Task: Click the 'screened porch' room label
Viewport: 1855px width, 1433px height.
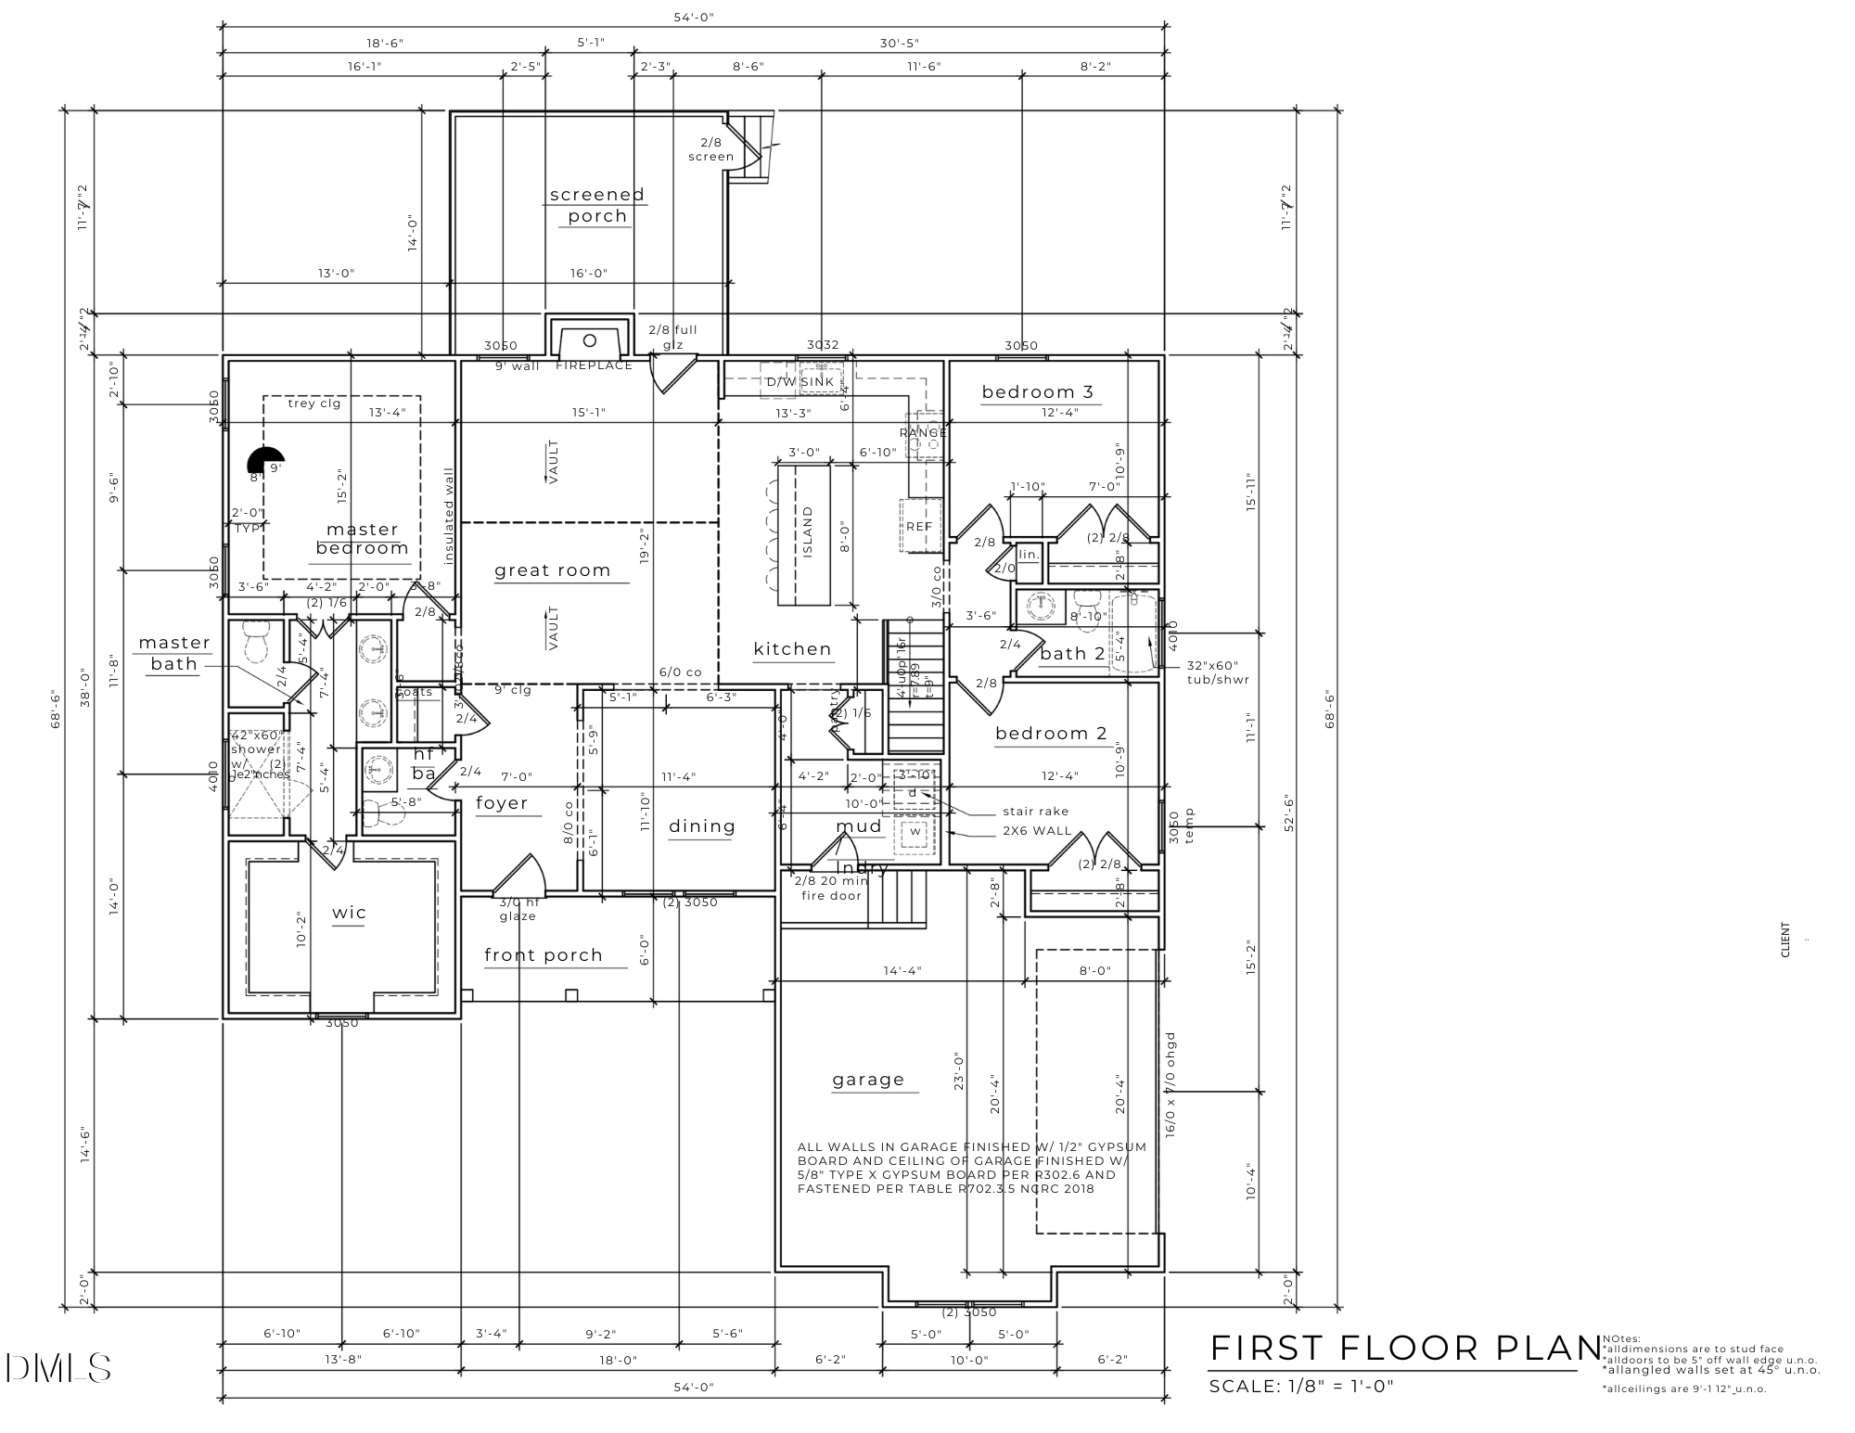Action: coord(597,205)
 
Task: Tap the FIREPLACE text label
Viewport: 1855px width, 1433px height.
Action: coord(594,365)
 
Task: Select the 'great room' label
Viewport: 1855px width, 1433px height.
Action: coord(553,570)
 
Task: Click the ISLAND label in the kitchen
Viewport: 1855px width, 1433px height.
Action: coord(808,531)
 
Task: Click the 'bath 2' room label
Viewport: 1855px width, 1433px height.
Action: coord(1072,653)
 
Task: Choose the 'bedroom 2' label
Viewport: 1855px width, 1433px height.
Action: coord(1051,733)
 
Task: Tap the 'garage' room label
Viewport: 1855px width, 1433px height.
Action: coord(868,1079)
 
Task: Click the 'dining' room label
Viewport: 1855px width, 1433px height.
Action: coord(702,825)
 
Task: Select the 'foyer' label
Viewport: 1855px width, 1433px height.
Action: coord(502,802)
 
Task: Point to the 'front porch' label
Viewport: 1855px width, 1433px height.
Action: coord(544,954)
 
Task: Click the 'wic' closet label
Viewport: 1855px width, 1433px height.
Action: coord(350,912)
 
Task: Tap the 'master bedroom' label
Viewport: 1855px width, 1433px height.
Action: coord(363,538)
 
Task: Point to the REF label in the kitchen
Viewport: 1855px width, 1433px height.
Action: coord(918,526)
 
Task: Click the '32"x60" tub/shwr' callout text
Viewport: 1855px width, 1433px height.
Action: coord(1218,672)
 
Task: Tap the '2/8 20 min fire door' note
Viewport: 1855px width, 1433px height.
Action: coord(832,888)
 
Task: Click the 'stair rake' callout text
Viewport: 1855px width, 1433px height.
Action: coord(1035,811)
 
